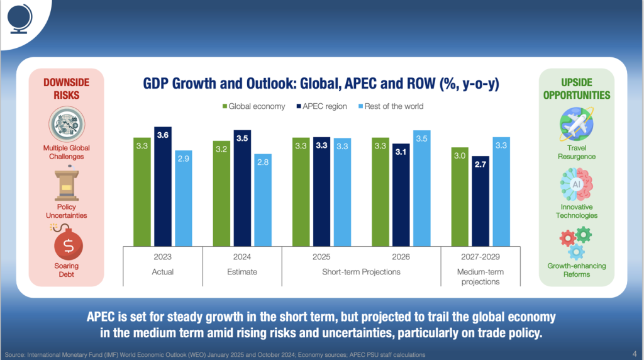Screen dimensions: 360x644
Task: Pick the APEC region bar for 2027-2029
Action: click(480, 201)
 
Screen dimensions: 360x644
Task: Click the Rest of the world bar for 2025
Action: click(342, 191)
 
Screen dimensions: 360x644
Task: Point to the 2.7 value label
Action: click(480, 164)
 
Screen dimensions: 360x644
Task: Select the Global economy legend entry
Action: click(253, 106)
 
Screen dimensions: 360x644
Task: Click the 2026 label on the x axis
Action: click(401, 257)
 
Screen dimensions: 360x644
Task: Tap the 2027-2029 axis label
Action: click(480, 257)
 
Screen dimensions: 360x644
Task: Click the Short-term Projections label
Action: click(361, 272)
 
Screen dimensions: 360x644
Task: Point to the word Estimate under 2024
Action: click(242, 272)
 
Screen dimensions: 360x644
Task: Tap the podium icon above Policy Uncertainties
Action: click(67, 184)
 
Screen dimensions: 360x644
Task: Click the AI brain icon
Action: click(576, 184)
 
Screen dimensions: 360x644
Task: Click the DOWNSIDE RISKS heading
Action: click(67, 88)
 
